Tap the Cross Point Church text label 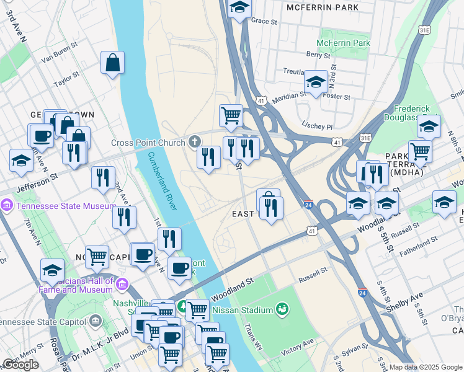click(x=148, y=143)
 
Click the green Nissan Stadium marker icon click(x=282, y=308)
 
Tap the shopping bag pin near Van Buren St click(x=113, y=63)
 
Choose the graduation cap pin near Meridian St click(x=316, y=82)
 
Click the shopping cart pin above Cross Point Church click(x=231, y=115)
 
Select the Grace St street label click(x=264, y=20)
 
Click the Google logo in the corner click(x=20, y=364)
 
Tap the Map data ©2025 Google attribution click(x=426, y=367)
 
